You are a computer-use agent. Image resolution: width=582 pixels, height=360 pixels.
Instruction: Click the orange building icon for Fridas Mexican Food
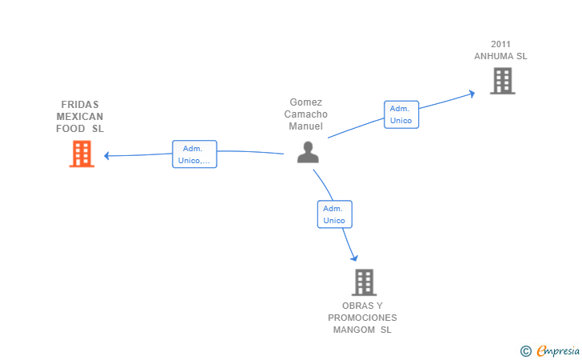tap(82, 154)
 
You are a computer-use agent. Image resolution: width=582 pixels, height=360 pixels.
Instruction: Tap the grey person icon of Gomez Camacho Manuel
tap(308, 152)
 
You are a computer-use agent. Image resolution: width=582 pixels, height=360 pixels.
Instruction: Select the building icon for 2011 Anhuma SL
tap(503, 81)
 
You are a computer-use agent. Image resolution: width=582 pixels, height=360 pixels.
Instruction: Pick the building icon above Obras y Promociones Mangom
tap(364, 282)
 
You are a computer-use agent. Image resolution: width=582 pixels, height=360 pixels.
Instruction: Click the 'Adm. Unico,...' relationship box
tap(194, 154)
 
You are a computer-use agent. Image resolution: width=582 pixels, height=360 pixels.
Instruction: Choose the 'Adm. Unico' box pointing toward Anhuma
tap(401, 114)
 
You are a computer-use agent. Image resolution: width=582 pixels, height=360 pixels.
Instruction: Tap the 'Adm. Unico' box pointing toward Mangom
tap(334, 214)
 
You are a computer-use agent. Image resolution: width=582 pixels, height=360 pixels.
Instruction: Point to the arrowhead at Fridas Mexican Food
tap(106, 156)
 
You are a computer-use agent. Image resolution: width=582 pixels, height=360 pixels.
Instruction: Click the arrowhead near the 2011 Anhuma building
tap(472, 94)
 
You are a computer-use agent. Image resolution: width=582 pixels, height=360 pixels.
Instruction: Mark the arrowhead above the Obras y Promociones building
tap(354, 258)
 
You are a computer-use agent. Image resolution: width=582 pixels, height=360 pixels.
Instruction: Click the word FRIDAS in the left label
tap(80, 104)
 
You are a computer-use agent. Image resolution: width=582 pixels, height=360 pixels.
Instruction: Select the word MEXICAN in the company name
tap(80, 117)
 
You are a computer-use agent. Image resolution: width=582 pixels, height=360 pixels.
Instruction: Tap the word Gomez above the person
tap(306, 102)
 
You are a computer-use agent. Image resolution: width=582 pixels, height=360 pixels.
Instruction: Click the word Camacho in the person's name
tap(306, 114)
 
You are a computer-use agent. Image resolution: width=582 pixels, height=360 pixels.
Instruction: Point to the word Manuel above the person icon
tap(306, 126)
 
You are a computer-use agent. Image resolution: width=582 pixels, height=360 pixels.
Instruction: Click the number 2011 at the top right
tap(500, 44)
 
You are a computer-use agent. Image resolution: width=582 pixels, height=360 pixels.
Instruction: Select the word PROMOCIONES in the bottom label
tap(362, 318)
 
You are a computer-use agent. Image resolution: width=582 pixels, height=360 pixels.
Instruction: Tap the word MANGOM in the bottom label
tap(353, 330)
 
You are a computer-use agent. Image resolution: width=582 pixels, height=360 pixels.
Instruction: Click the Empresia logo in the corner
tap(550, 350)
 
